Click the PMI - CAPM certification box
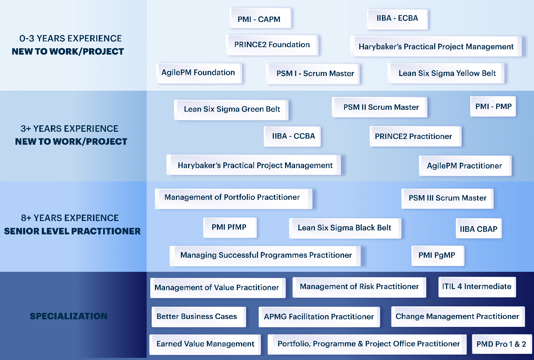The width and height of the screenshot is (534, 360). point(260,18)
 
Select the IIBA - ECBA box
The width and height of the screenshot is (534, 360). point(397,19)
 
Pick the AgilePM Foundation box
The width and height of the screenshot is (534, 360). point(199,73)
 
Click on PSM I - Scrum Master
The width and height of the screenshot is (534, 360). point(313,74)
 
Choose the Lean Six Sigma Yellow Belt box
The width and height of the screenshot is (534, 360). point(446,73)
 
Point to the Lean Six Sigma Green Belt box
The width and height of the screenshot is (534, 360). point(231,110)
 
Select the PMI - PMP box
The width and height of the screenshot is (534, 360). point(493,106)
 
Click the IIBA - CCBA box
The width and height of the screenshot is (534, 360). point(292,136)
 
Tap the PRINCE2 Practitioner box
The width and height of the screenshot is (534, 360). point(415,136)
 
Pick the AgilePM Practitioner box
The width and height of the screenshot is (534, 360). point(465,166)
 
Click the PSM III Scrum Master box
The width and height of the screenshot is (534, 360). point(448,199)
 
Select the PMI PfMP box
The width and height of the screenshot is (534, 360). point(230,228)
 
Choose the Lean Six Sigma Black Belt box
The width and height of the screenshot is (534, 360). point(345,228)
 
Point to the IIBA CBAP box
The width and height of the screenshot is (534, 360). point(479,228)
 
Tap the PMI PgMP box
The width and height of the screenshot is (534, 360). point(438,256)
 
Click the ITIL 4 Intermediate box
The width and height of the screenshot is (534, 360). point(477,287)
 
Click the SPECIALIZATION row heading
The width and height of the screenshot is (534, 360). point(69,316)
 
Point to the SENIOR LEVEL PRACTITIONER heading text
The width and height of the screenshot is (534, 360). point(72,231)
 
